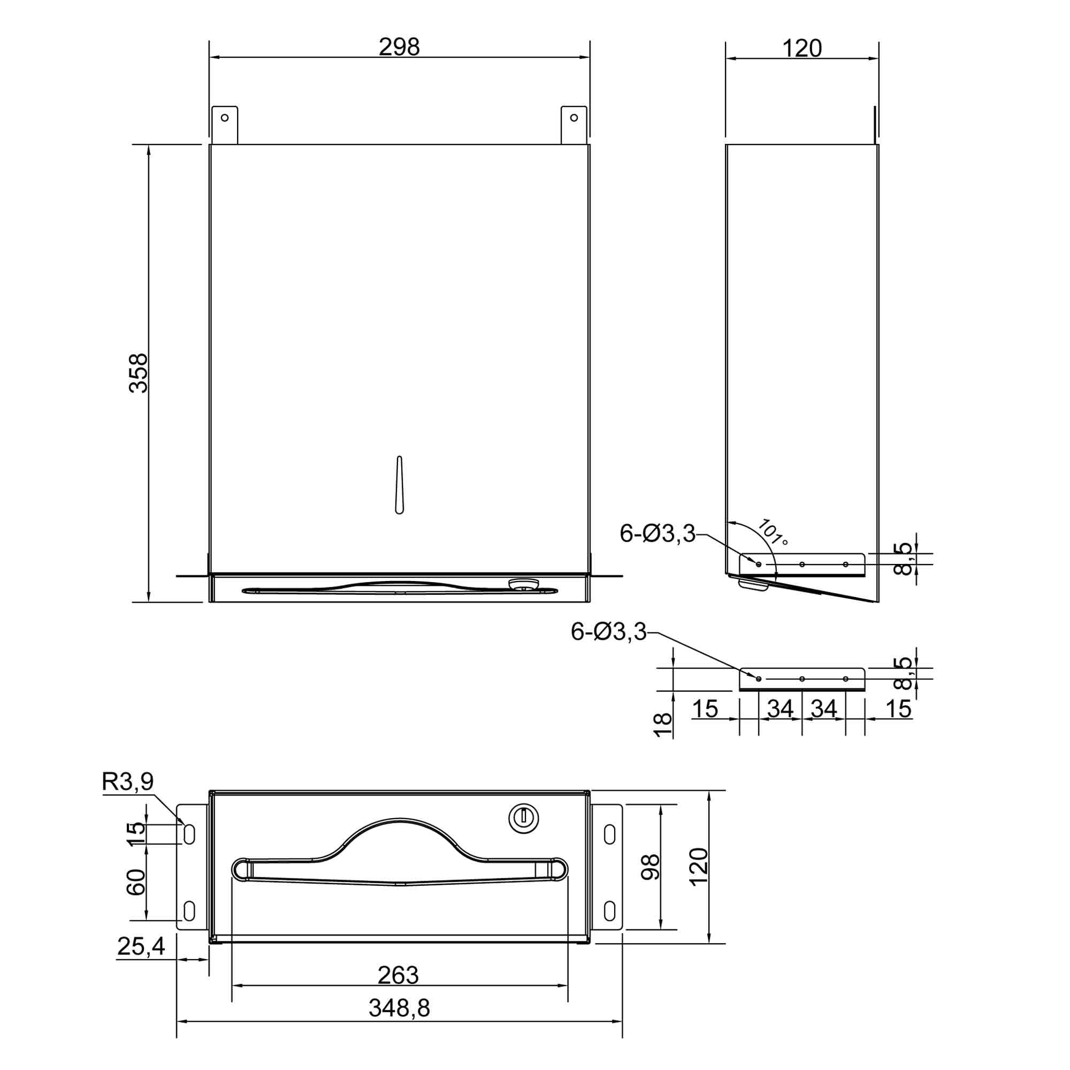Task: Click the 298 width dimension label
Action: point(399,47)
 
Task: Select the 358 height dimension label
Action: point(139,373)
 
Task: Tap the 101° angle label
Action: point(772,532)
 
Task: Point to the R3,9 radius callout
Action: point(128,782)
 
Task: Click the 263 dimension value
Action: point(398,975)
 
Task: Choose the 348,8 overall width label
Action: point(399,1008)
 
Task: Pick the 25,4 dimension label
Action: point(141,946)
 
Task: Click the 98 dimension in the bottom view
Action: point(650,867)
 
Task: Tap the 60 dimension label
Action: point(136,882)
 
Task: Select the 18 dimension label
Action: point(663,725)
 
